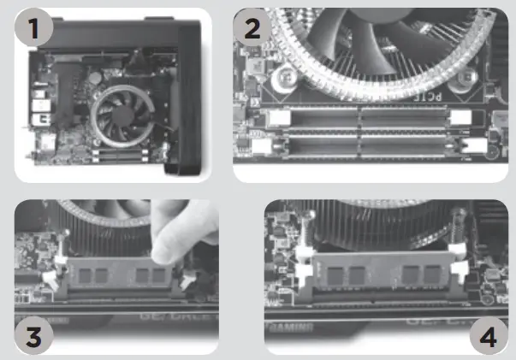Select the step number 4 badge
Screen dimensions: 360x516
point(485,336)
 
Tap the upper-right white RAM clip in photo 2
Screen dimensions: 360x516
point(462,118)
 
